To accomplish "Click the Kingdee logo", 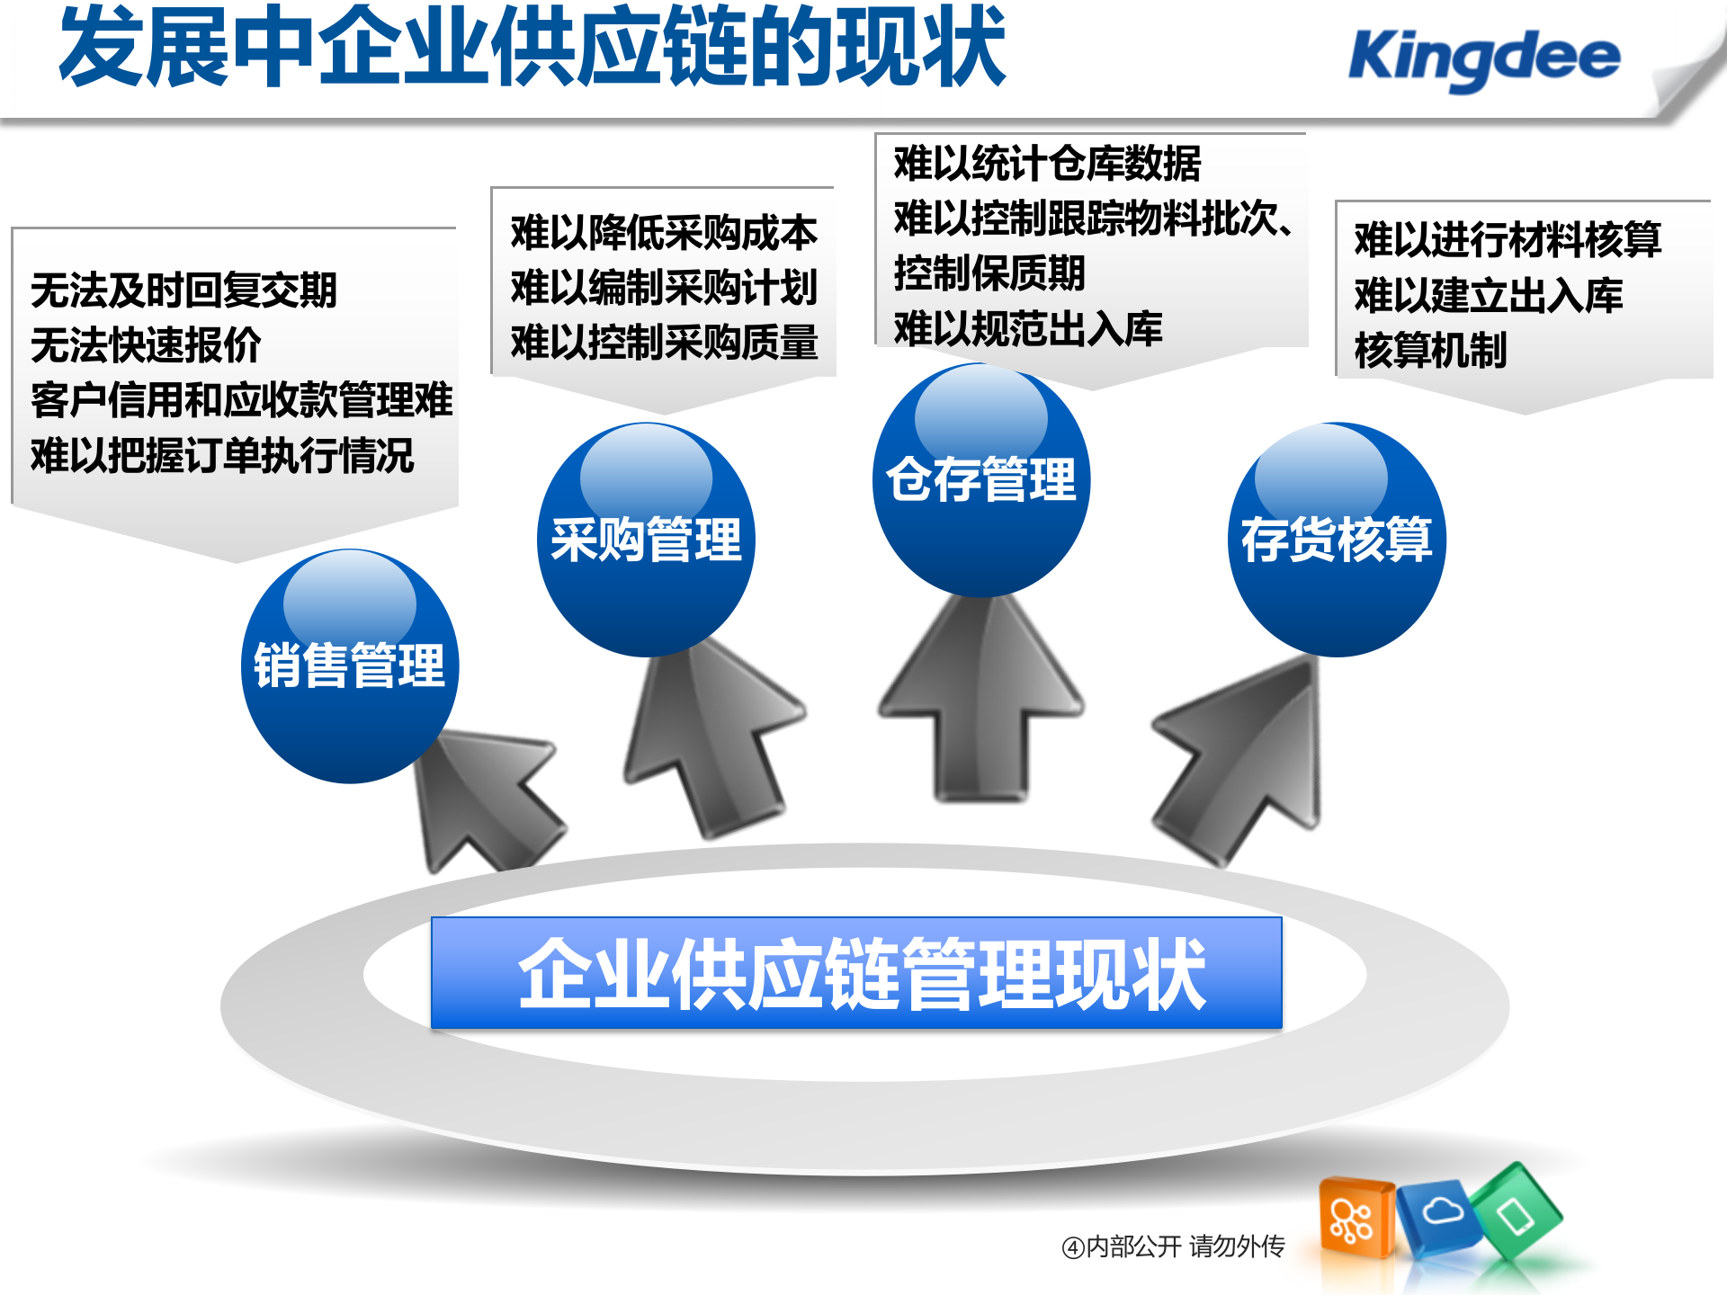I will pyautogui.click(x=1484, y=58).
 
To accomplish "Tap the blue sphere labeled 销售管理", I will pyautogui.click(x=350, y=666).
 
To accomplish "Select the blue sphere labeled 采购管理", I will pyautogui.click(x=646, y=540).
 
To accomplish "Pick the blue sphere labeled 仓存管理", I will pyautogui.click(x=981, y=479).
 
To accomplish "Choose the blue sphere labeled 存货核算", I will pyautogui.click(x=1337, y=540).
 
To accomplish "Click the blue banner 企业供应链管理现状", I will pyautogui.click(x=856, y=973).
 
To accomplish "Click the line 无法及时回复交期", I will pyautogui.click(x=183, y=290).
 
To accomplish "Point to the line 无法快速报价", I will pyautogui.click(x=146, y=345).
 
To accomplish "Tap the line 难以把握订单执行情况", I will pyautogui.click(x=222, y=455).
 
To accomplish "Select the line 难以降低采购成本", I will pyautogui.click(x=664, y=233).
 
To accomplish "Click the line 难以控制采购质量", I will pyautogui.click(x=664, y=343).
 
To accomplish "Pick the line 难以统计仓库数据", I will pyautogui.click(x=1047, y=164).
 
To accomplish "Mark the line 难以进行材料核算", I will pyautogui.click(x=1508, y=239).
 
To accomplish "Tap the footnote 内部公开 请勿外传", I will pyautogui.click(x=1174, y=1246).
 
